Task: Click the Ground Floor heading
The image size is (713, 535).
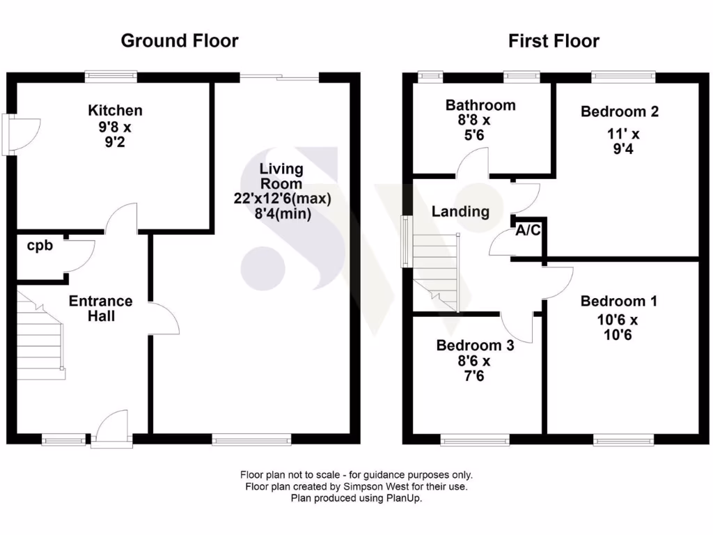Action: tap(180, 40)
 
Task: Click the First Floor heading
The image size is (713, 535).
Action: tap(554, 41)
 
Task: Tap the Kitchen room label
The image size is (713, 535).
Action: tap(115, 110)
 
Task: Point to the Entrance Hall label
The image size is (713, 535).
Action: tap(100, 309)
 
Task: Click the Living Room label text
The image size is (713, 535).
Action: tap(281, 176)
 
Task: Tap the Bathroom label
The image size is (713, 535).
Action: tap(480, 105)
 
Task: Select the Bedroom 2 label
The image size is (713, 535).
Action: tap(620, 111)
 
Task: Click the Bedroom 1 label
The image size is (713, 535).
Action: tap(618, 301)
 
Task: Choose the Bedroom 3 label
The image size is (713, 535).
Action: tap(475, 346)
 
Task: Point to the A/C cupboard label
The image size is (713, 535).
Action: tap(527, 231)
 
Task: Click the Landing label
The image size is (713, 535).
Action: tap(460, 212)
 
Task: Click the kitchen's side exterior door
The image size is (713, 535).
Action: tap(14, 134)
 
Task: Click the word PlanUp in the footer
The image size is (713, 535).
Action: tap(405, 498)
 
